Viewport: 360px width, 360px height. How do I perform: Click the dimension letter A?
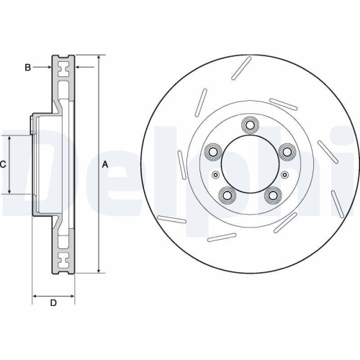105,164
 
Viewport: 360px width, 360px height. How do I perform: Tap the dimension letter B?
27,68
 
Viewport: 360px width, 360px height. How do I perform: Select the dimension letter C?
3,164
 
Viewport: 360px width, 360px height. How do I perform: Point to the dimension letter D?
53,302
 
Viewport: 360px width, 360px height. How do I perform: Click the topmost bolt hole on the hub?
250,125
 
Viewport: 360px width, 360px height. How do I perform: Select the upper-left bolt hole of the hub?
213,152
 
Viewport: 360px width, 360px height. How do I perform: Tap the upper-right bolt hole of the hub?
287,152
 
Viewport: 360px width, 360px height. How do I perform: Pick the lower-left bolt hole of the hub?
228,194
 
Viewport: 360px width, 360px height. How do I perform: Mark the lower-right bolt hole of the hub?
273,194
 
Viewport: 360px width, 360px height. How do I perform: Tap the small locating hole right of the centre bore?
284,174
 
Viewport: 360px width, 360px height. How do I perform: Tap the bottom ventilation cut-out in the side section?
64,258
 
